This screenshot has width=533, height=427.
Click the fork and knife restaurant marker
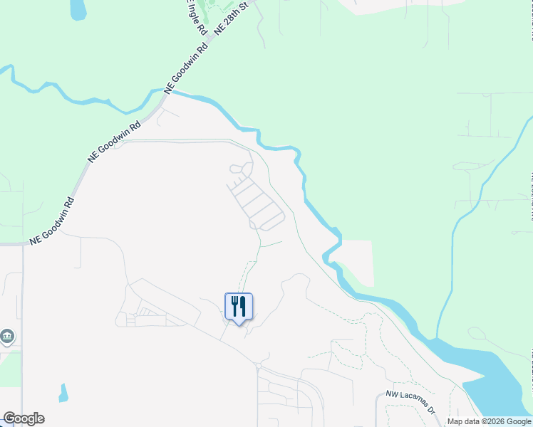[239, 307]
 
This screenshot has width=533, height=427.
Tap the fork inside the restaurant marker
[234, 306]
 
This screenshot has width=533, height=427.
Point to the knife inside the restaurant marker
[243, 306]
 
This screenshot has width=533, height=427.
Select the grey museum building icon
[7, 336]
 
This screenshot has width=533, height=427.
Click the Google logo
[24, 418]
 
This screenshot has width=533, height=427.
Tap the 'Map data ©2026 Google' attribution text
[489, 421]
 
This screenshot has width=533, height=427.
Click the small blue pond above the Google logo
[63, 393]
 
